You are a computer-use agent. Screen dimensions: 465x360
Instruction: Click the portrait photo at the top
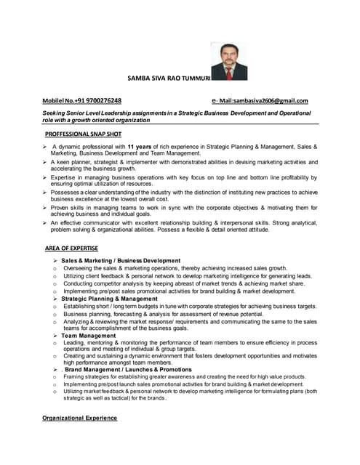click(228, 60)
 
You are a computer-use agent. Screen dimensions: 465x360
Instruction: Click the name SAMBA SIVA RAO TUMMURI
click(169, 76)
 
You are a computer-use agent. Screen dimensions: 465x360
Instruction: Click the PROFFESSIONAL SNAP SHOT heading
click(83, 134)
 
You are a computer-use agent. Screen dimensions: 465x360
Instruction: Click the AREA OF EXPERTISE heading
click(72, 248)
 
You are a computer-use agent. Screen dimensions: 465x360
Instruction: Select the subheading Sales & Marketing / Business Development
click(121, 260)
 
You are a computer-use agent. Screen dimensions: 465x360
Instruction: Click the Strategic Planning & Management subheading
click(109, 299)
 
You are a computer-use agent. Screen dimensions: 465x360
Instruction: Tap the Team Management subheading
click(88, 336)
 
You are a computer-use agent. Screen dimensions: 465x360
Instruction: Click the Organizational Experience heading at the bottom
click(79, 419)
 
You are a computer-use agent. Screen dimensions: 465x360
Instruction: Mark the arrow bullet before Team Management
click(55, 336)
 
